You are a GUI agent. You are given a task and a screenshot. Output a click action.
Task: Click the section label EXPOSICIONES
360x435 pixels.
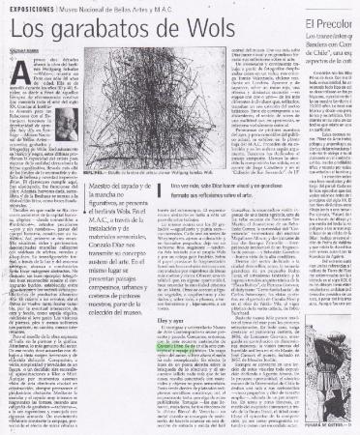point(30,8)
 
